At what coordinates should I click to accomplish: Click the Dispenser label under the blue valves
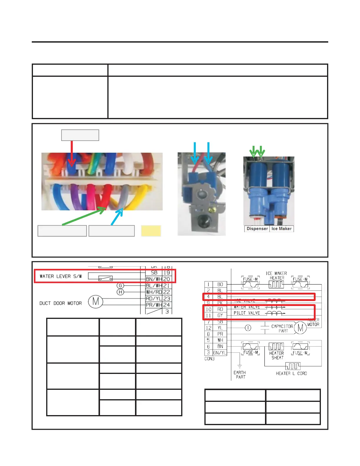coord(257,229)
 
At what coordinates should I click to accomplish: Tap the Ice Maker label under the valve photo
coord(281,229)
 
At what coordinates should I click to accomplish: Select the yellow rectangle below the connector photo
coord(151,231)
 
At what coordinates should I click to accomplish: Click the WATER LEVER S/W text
coord(61,276)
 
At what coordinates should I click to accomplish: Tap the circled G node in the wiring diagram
coord(120,286)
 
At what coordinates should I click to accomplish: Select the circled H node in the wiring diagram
coord(120,292)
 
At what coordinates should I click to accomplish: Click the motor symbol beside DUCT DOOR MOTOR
coord(96,302)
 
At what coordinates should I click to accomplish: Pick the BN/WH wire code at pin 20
coord(154,279)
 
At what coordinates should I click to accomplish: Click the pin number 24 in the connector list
coord(166,305)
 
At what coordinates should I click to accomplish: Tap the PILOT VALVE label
coord(247,313)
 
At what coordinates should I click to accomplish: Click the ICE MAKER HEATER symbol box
coord(276,284)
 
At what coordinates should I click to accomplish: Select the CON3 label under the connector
coord(209,359)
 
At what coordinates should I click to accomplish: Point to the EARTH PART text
coord(240,375)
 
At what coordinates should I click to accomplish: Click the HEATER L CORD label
coord(291,374)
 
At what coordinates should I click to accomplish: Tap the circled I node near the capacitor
coord(248,328)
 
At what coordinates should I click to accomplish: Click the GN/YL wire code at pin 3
coord(220,353)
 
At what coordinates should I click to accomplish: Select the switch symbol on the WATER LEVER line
coord(105,278)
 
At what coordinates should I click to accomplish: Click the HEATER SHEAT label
coord(277,355)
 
